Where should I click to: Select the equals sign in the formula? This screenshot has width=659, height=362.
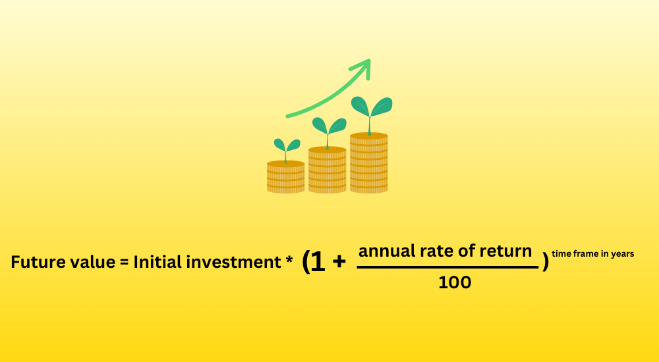pyautogui.click(x=124, y=263)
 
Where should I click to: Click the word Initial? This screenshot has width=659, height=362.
pyautogui.click(x=158, y=262)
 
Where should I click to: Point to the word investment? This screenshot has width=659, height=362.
pyautogui.click(x=234, y=262)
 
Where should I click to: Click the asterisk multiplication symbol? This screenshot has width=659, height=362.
pyautogui.click(x=289, y=260)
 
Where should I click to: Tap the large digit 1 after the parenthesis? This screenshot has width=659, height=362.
pyautogui.click(x=318, y=262)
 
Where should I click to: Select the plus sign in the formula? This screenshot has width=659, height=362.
pyautogui.click(x=339, y=262)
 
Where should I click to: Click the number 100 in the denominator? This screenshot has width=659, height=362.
pyautogui.click(x=455, y=282)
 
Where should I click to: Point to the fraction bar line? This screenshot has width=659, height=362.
pyautogui.click(x=447, y=267)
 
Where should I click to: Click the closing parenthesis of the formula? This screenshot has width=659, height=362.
pyautogui.click(x=546, y=262)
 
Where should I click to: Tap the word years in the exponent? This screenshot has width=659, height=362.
pyautogui.click(x=623, y=254)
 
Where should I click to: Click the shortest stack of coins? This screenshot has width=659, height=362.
pyautogui.click(x=286, y=176)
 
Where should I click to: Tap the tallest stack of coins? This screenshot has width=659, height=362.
pyautogui.click(x=369, y=163)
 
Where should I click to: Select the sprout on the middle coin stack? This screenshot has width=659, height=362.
pyautogui.click(x=329, y=131)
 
